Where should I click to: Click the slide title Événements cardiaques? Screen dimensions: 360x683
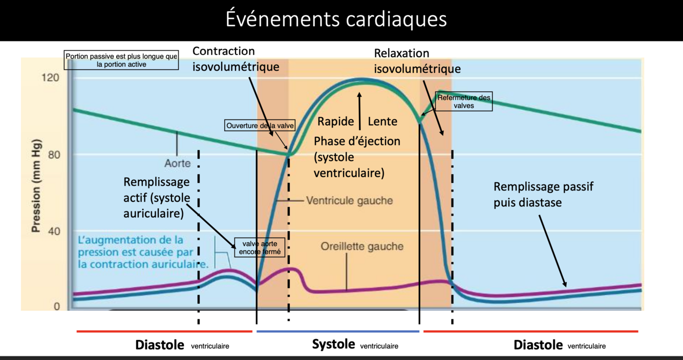point(336,19)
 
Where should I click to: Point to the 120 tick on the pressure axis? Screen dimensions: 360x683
point(54,78)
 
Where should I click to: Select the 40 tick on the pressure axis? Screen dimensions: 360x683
point(54,231)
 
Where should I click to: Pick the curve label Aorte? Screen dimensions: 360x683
point(178,164)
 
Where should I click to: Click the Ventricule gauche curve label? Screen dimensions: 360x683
point(349,200)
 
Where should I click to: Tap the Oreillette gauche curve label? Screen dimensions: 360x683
point(362,246)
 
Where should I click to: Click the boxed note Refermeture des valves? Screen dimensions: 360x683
point(464,101)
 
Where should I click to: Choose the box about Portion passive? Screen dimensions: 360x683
point(121,60)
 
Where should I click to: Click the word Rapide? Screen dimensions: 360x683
point(336,121)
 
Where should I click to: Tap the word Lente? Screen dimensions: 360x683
point(382,121)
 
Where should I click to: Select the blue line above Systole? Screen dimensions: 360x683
point(337,331)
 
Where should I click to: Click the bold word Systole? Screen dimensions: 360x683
point(333,344)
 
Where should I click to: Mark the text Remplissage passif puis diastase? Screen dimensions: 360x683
point(543,195)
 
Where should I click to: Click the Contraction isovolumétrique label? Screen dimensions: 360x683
point(236,59)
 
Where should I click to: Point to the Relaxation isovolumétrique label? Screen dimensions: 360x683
point(417,61)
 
